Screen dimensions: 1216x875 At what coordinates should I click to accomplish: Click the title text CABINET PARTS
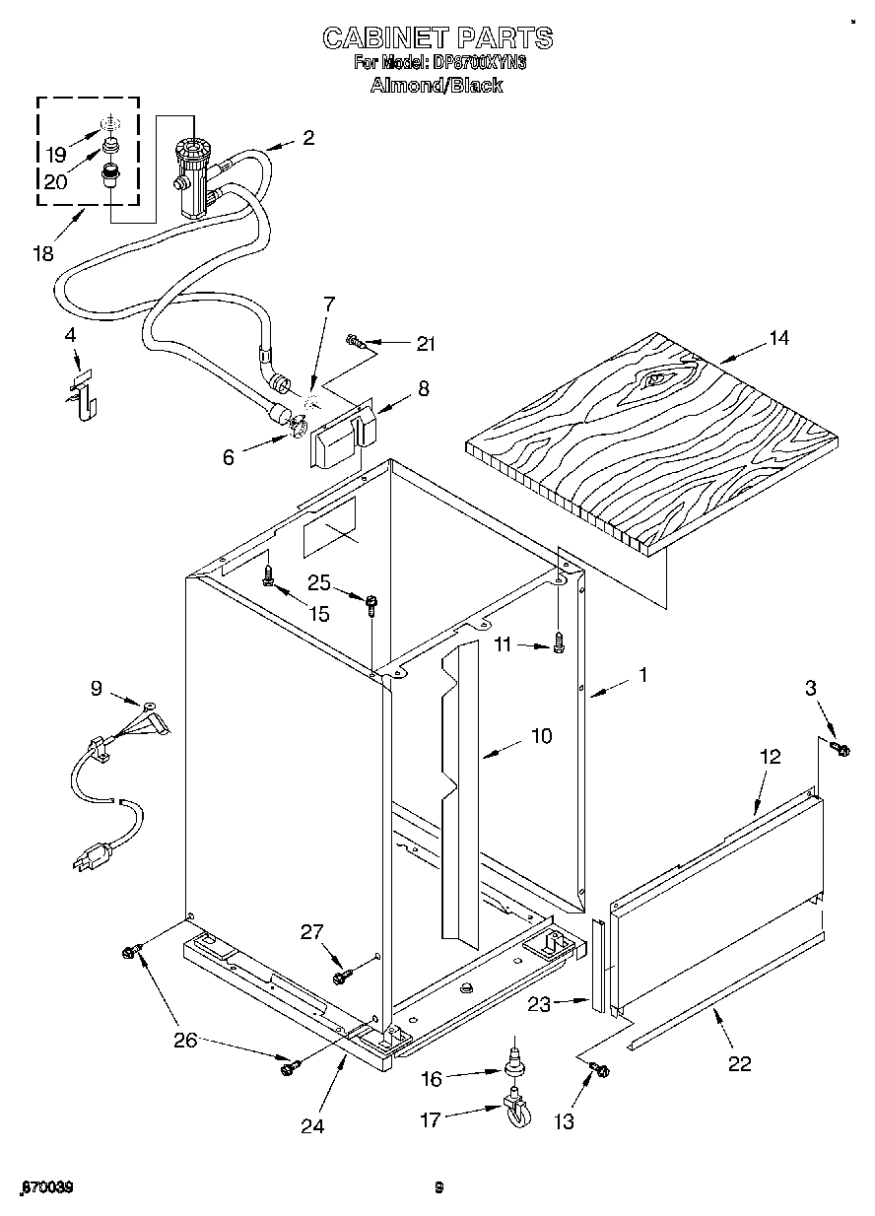(437, 37)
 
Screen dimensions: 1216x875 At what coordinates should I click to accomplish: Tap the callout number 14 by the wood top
(778, 338)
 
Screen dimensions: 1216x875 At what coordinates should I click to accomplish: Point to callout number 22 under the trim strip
(738, 1063)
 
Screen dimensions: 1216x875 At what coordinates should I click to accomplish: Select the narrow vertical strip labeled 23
(596, 964)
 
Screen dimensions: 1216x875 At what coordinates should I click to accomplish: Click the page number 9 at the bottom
(439, 1187)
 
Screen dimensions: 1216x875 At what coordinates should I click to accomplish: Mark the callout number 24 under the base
(312, 1125)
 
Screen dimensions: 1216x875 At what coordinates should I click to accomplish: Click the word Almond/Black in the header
(436, 85)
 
